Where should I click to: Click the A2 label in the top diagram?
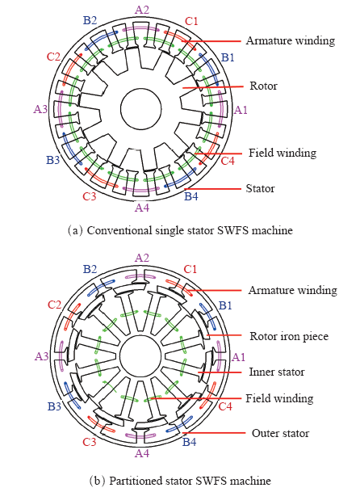[142, 10]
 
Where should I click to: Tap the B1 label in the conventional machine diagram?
[228, 57]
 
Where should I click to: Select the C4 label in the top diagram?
[228, 161]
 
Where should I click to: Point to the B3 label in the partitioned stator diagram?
[54, 406]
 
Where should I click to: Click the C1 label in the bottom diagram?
[190, 269]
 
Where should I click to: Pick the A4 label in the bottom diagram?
[142, 453]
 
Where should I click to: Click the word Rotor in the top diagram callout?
[263, 86]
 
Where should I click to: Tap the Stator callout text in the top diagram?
[260, 188]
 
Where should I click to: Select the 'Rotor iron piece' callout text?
[289, 336]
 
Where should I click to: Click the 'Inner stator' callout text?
[277, 372]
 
